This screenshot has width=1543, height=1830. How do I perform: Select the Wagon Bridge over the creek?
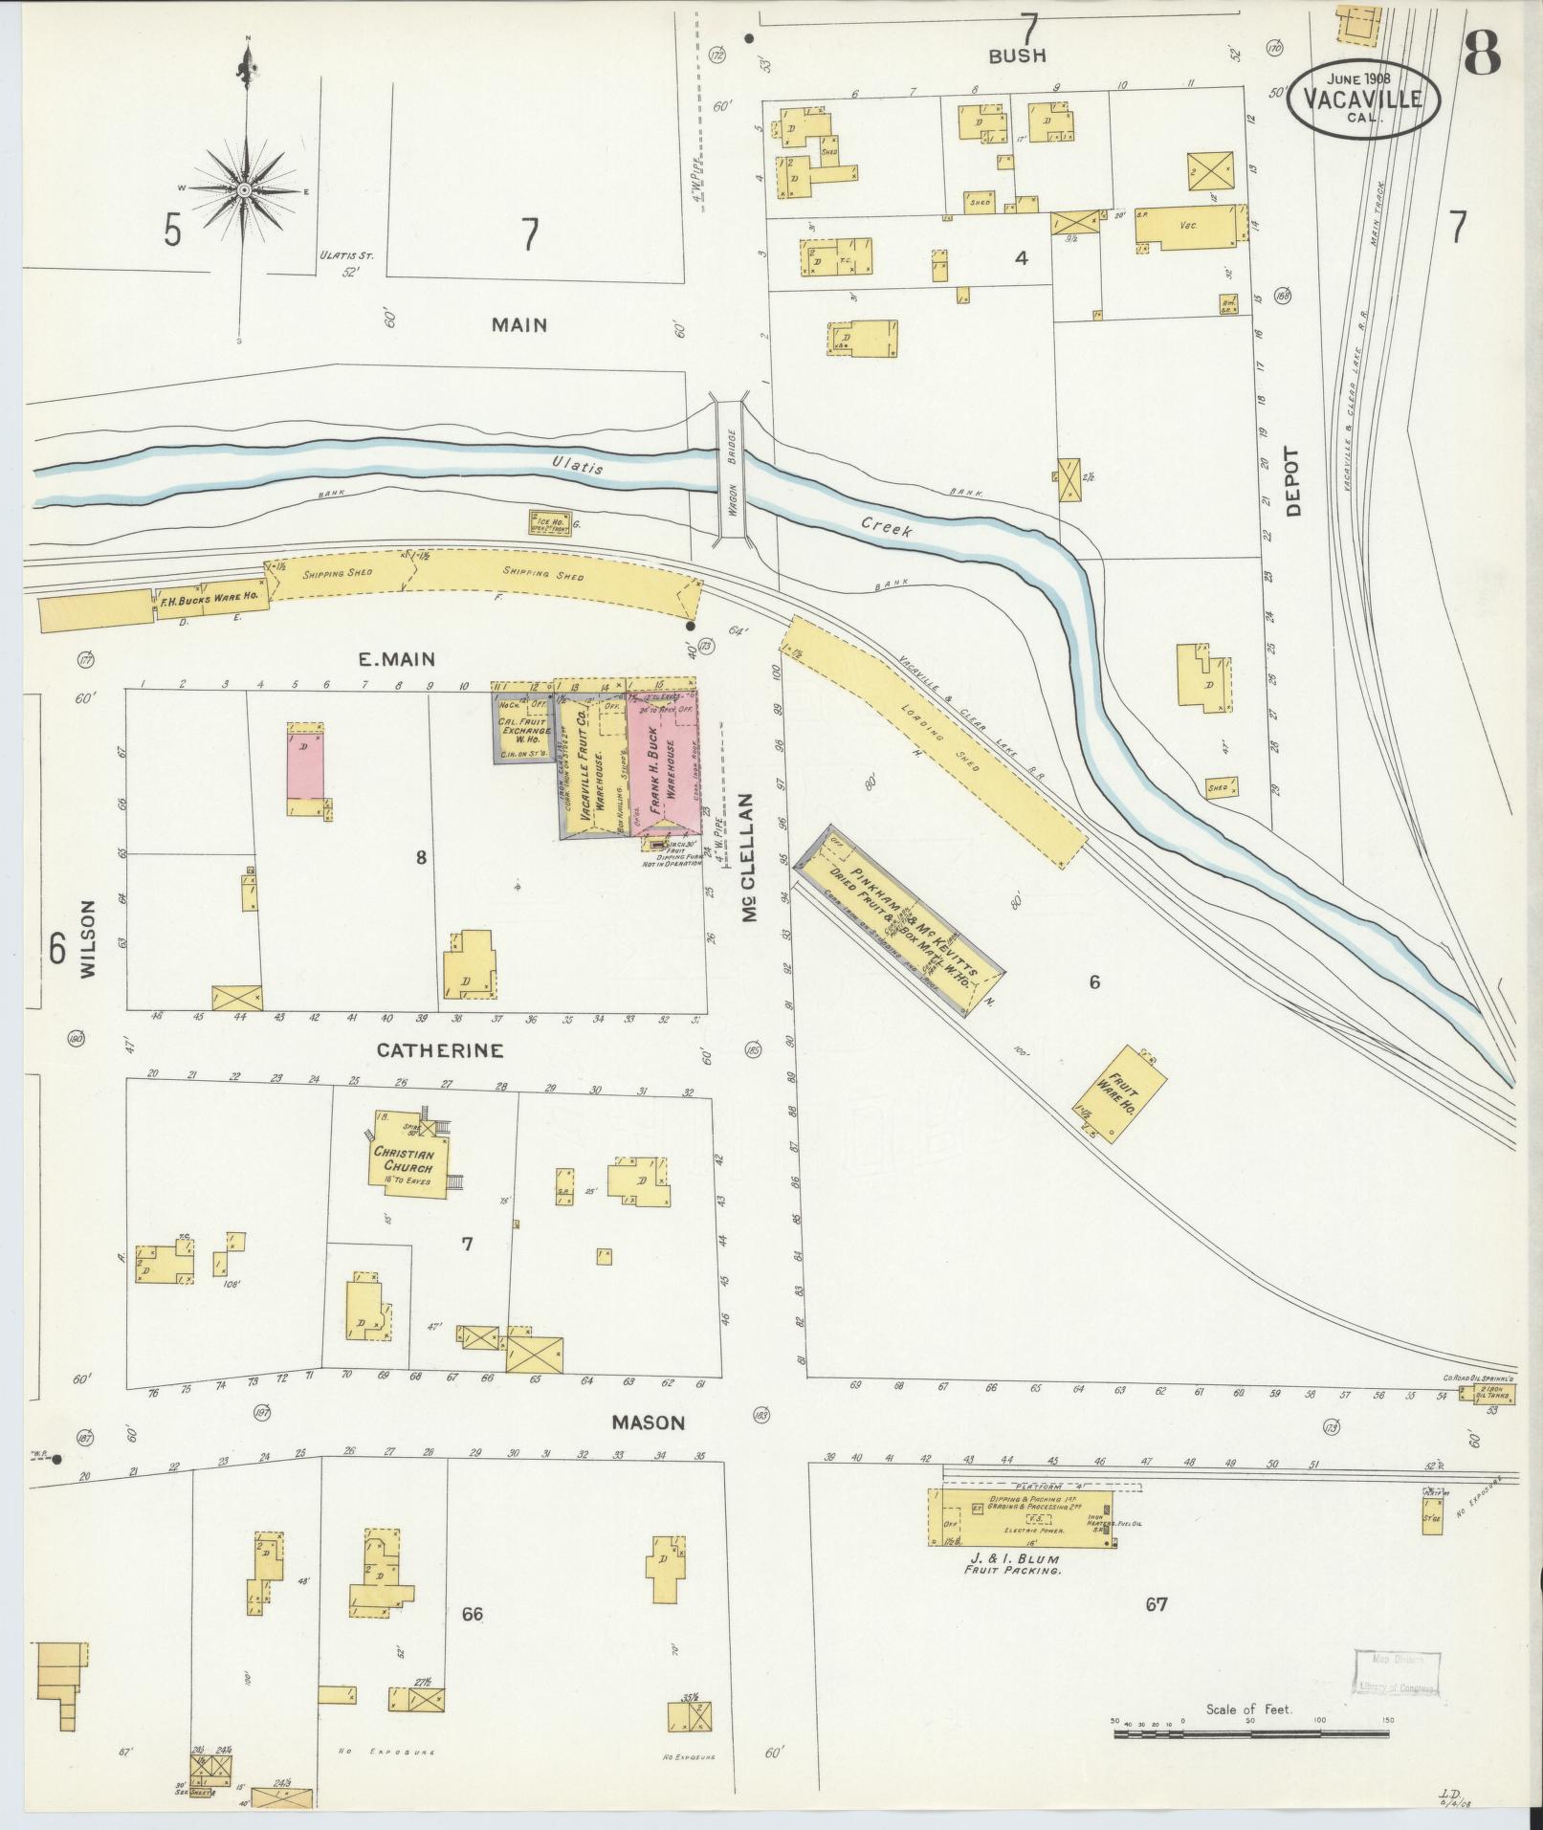[733, 471]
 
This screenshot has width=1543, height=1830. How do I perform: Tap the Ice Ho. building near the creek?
[550, 522]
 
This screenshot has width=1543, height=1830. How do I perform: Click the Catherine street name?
[439, 1050]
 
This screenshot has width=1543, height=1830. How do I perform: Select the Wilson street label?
[88, 937]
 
